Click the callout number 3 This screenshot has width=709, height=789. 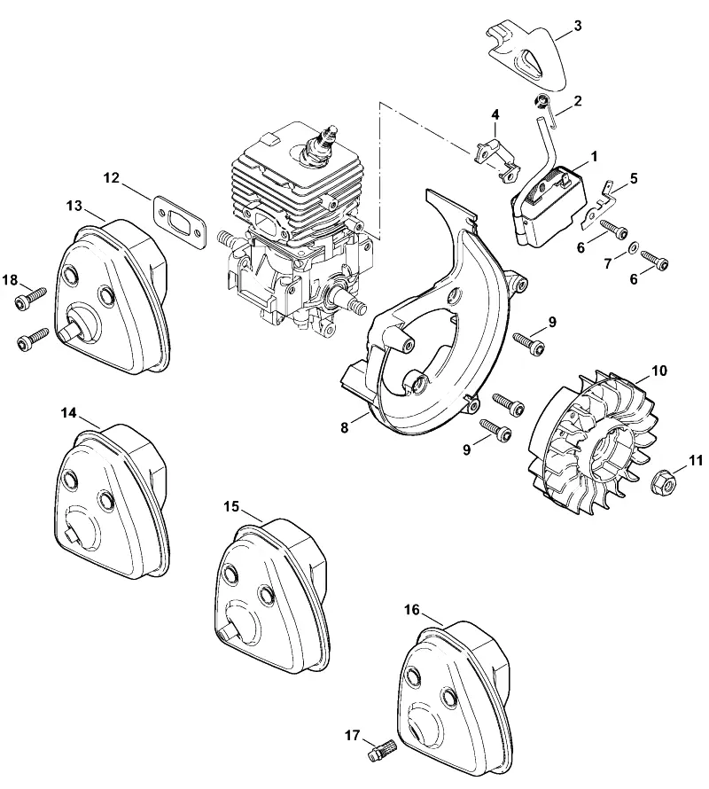tap(578, 26)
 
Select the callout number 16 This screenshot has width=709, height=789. tap(411, 611)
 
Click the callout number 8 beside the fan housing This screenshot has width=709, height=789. tap(344, 427)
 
